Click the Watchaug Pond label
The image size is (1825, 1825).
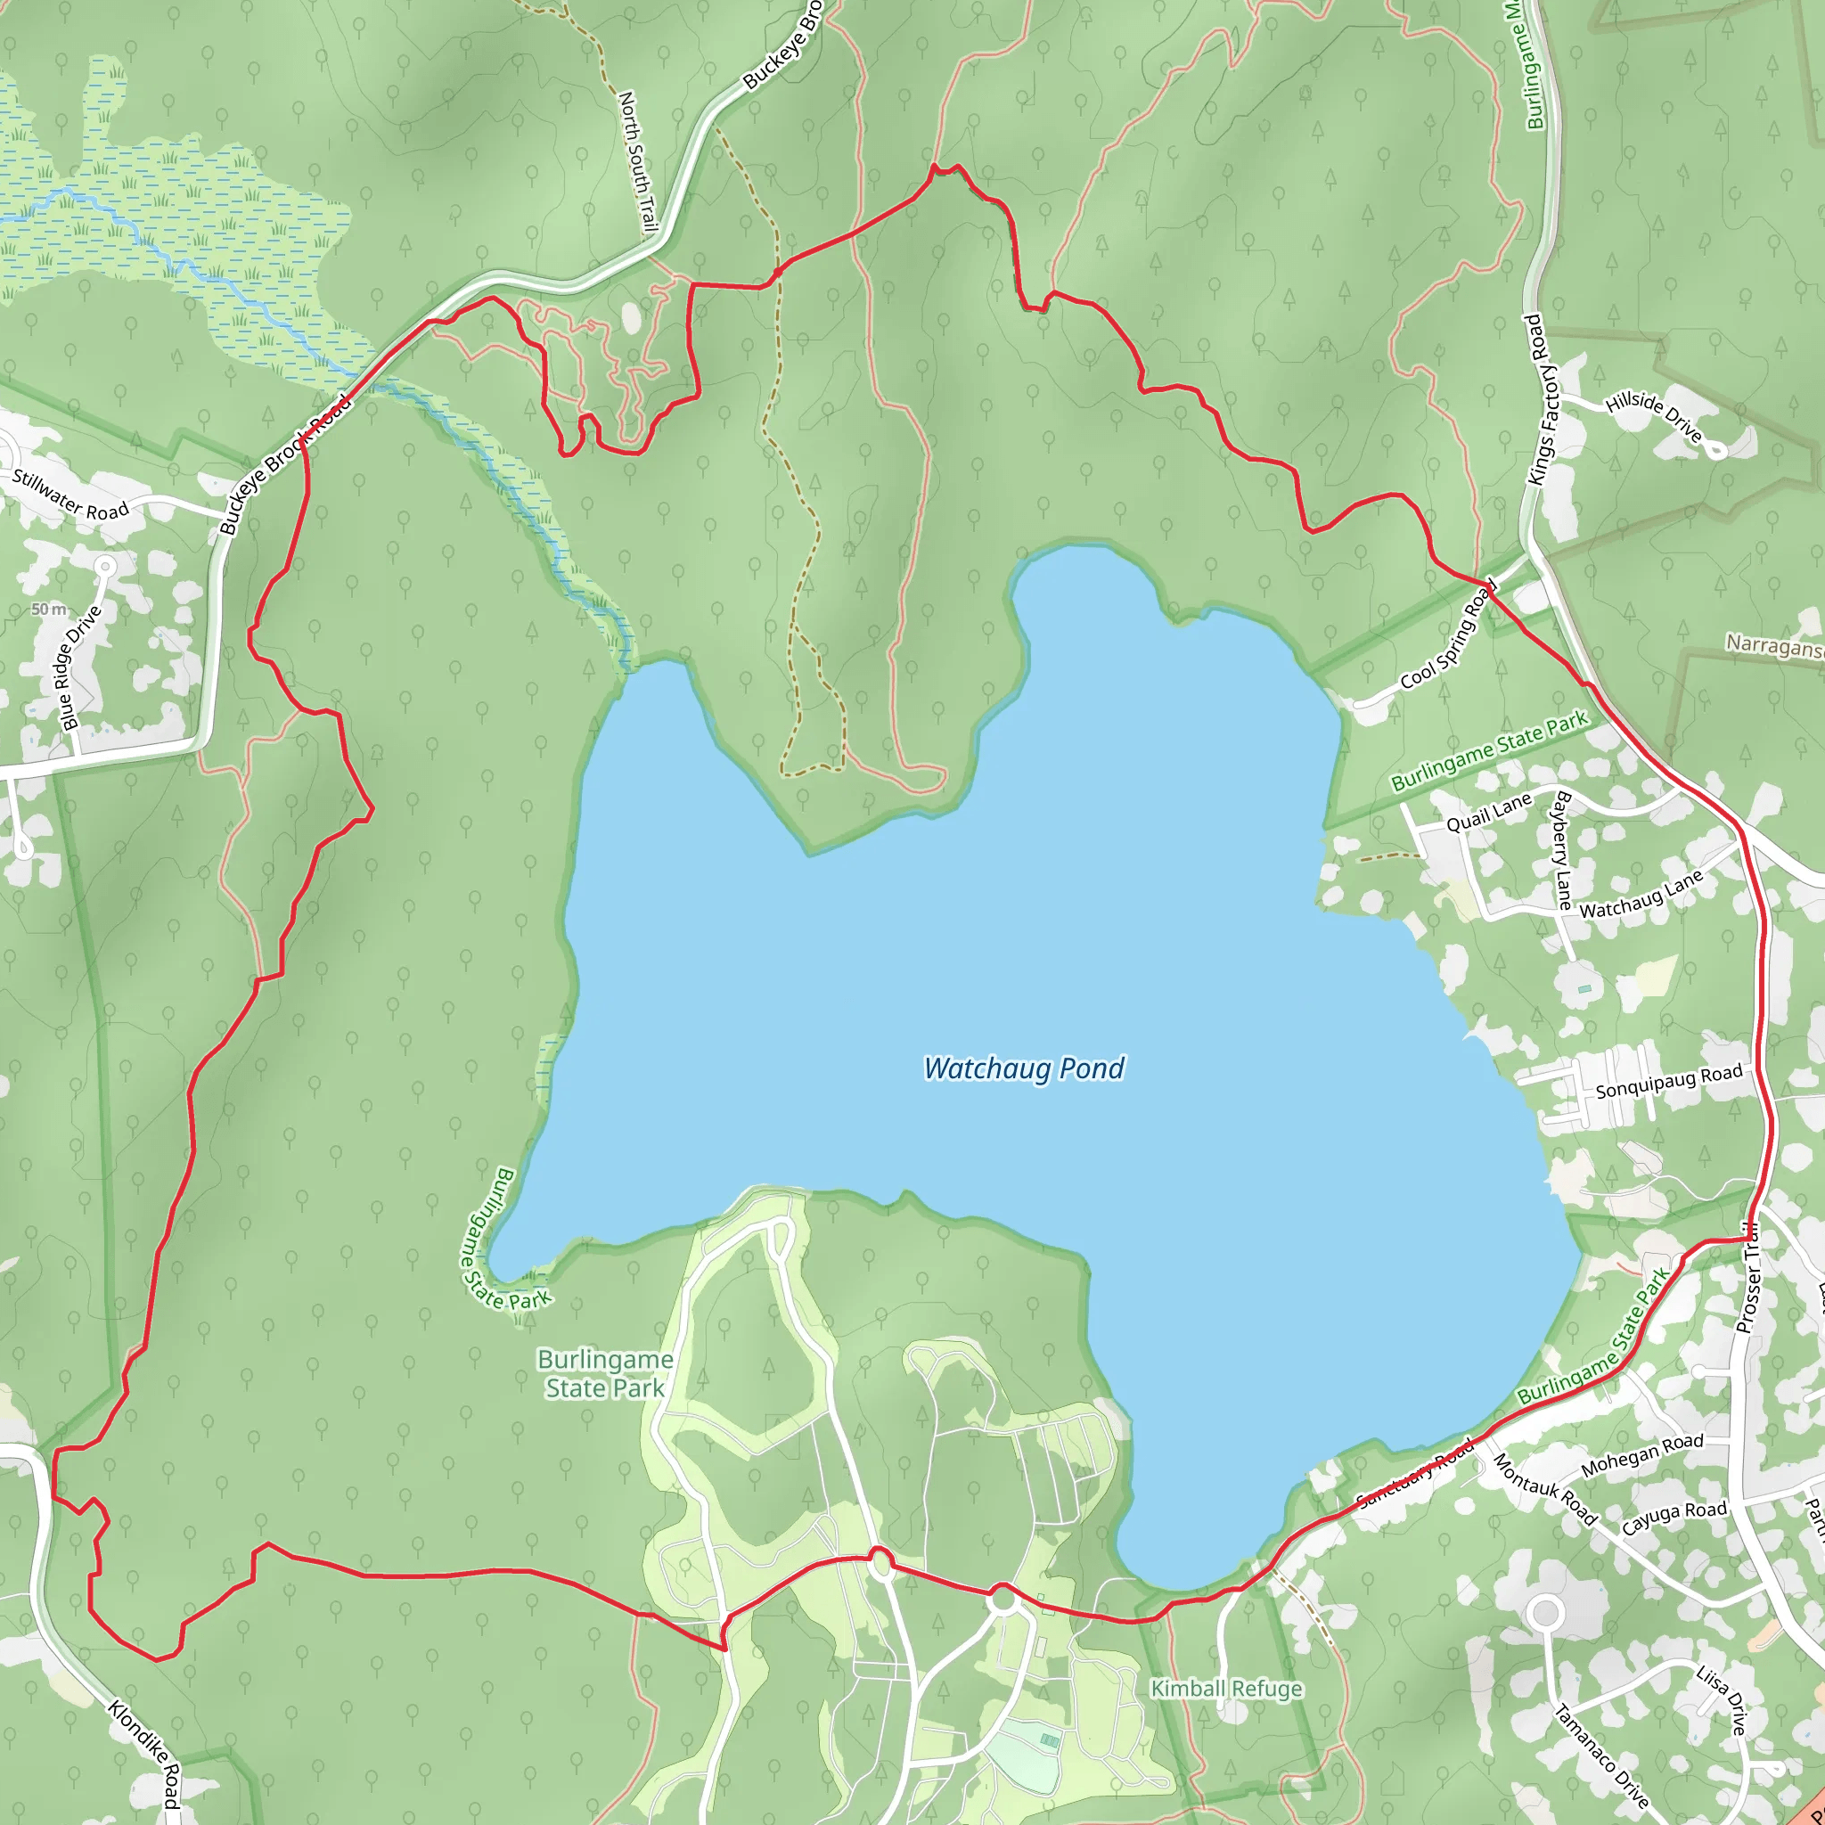tap(1024, 1068)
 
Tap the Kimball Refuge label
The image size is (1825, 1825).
tap(1226, 1688)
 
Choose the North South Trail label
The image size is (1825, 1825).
tap(636, 161)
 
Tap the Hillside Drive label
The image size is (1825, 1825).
tap(1654, 416)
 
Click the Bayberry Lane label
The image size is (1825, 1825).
tap(1562, 850)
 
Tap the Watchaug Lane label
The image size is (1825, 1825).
tap(1641, 895)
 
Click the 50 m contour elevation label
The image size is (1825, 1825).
tap(49, 610)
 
